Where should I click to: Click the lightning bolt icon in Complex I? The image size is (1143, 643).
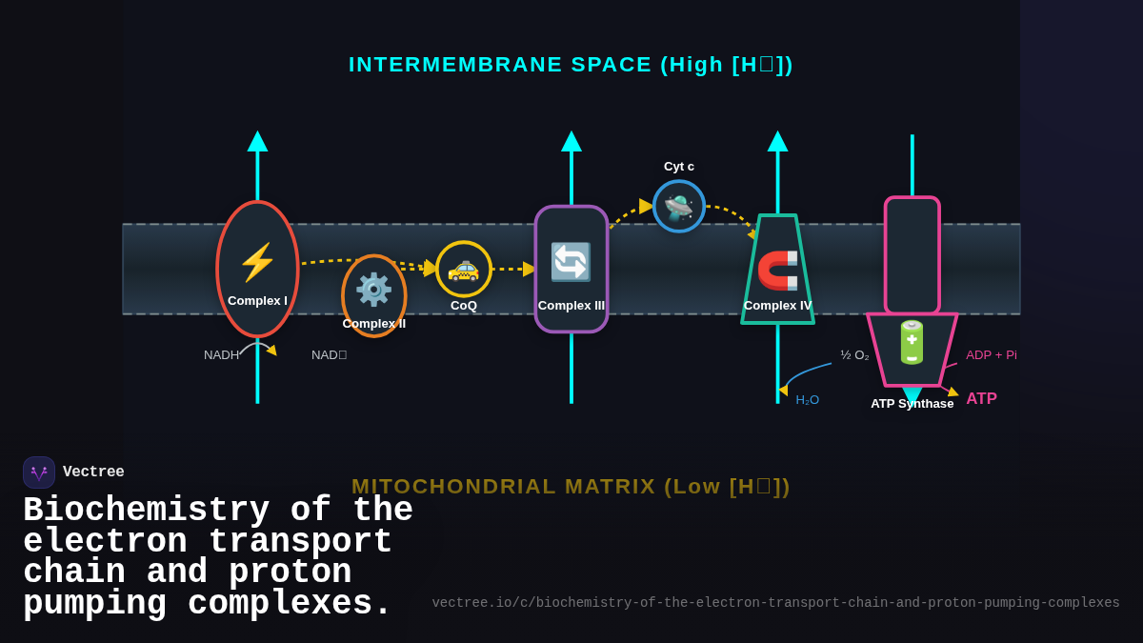point(257,262)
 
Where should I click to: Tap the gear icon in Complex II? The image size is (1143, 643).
point(373,289)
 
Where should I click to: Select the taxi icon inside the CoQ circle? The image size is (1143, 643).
point(463,269)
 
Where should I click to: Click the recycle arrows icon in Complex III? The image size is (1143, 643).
point(571,262)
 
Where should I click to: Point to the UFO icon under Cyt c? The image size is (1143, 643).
point(679,207)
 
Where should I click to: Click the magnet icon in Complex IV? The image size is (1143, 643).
point(777,270)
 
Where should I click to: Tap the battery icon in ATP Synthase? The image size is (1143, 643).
point(912,342)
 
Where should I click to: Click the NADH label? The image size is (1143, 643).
point(222,355)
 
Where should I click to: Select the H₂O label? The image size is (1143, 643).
point(808,400)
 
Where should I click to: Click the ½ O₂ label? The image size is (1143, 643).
point(854,355)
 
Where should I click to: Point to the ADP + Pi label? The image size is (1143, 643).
point(992,355)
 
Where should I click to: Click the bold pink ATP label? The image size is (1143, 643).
point(981,399)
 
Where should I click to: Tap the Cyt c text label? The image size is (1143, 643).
point(679,167)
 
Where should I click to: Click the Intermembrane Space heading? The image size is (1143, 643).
point(571,65)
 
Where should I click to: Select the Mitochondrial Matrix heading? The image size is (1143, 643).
point(571,486)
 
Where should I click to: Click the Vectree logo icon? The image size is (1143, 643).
point(39,472)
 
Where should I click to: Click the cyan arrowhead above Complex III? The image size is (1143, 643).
point(571,142)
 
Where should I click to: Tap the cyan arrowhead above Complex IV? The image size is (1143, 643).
point(778,142)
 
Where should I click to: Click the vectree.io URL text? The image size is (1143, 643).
point(775,603)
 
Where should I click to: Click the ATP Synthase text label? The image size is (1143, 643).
point(912,404)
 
